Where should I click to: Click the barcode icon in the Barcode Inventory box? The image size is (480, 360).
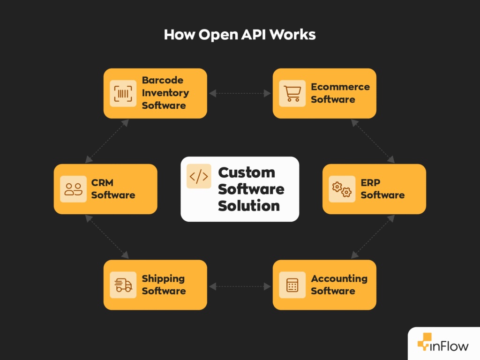coord(123,93)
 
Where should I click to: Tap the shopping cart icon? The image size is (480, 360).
coord(292,93)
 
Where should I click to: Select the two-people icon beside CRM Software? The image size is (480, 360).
coord(73,189)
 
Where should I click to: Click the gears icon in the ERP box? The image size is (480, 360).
coord(342,189)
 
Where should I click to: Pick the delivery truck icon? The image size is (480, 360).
coord(123,285)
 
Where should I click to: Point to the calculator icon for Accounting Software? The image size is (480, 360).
coord(292,285)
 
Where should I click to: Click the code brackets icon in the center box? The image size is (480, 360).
coord(199,176)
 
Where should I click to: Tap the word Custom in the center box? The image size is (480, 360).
coord(246,172)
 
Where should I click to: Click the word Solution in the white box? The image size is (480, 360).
coord(248,205)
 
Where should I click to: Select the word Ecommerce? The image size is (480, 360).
coord(340,87)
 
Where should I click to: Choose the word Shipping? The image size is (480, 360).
coord(163,278)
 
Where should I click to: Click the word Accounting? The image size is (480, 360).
coord(339,278)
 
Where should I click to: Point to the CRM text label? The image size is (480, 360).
coord(102,183)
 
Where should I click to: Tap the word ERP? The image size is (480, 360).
coord(370,183)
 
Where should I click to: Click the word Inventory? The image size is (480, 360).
coord(165,93)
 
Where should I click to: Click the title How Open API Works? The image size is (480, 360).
coord(240,35)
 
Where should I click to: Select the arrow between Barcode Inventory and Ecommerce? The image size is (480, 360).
coord(240,93)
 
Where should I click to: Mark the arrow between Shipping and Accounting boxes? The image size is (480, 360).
coord(240,285)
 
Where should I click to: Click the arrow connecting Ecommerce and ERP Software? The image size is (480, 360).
coord(373,141)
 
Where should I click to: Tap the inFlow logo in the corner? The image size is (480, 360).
coord(443,346)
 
